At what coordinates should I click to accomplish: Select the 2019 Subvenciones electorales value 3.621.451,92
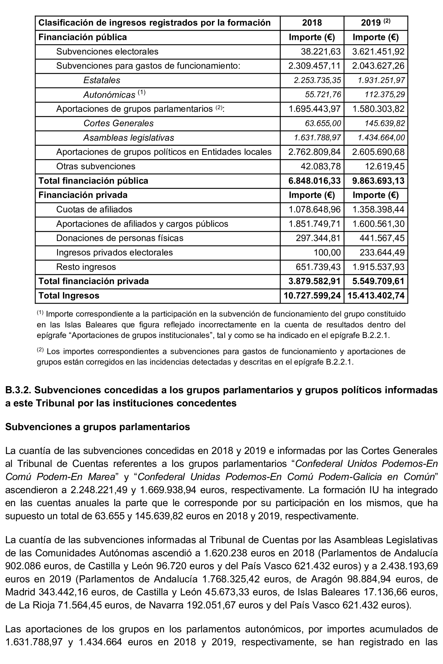click(x=378, y=52)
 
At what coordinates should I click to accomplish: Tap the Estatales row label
click(x=102, y=80)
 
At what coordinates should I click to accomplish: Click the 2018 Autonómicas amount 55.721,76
click(x=323, y=94)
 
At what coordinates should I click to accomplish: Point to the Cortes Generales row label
click(x=118, y=123)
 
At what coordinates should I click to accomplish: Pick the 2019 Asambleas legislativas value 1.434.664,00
click(x=381, y=138)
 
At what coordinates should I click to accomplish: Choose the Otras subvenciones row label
click(x=96, y=166)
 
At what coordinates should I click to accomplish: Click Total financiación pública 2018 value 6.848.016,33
click(x=314, y=181)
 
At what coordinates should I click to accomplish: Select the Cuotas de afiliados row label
click(x=94, y=209)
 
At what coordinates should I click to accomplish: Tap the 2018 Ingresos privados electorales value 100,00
click(x=327, y=252)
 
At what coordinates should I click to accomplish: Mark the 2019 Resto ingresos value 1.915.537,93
click(x=378, y=267)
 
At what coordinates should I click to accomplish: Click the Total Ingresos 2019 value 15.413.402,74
click(x=376, y=296)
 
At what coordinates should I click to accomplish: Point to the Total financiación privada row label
click(x=94, y=281)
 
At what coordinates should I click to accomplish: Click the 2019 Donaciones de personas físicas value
click(x=382, y=238)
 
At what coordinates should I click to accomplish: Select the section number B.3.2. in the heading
click(x=18, y=390)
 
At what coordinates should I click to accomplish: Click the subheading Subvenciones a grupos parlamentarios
click(x=97, y=427)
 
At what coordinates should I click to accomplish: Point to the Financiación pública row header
click(x=83, y=37)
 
